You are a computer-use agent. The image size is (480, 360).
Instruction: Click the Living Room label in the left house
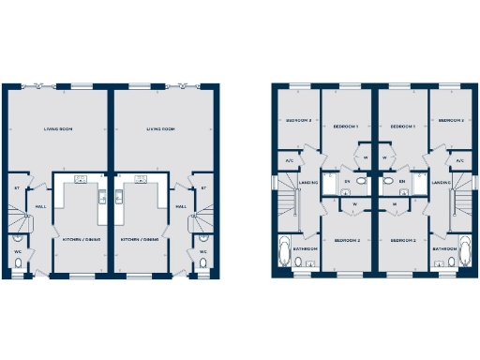(x=58, y=129)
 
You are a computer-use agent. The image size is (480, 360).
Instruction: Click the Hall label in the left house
(x=41, y=206)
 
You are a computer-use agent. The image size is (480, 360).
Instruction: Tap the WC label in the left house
(x=18, y=251)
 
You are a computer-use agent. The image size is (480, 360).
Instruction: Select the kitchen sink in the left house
(x=81, y=178)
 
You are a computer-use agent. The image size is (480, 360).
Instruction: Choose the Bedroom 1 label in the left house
(x=349, y=126)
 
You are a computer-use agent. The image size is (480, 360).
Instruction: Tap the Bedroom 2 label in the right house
(x=406, y=241)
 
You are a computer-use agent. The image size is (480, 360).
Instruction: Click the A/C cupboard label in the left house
(x=289, y=161)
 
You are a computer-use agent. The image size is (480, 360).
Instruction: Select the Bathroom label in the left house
(x=305, y=248)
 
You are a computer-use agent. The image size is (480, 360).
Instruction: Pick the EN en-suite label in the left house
(x=347, y=181)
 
